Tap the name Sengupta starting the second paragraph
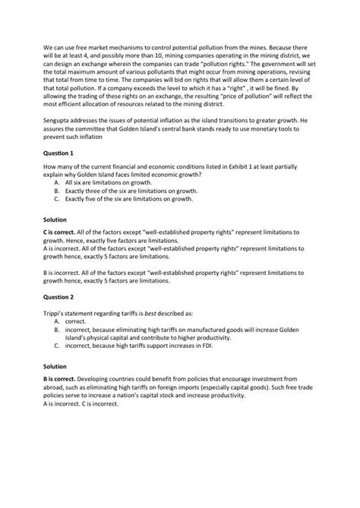(x=61, y=120)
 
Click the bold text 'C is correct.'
(x=63, y=230)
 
